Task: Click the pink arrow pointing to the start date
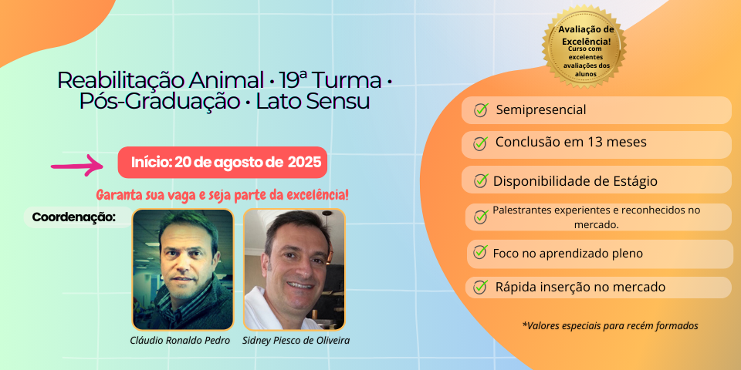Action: point(78,165)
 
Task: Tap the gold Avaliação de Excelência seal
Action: point(584,47)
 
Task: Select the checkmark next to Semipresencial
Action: point(481,110)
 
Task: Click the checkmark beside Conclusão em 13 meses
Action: point(480,143)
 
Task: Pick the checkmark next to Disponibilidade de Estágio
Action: point(481,180)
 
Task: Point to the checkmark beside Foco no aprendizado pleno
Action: point(480,252)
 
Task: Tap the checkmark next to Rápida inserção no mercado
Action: point(480,286)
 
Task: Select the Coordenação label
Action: point(74,217)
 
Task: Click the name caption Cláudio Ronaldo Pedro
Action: point(180,340)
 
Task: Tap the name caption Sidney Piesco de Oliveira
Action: point(296,340)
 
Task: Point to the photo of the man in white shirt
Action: point(294,270)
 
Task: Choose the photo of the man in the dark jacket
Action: point(183,270)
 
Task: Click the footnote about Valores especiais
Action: point(610,325)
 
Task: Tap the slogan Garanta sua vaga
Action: point(222,194)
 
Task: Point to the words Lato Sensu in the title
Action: point(313,102)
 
